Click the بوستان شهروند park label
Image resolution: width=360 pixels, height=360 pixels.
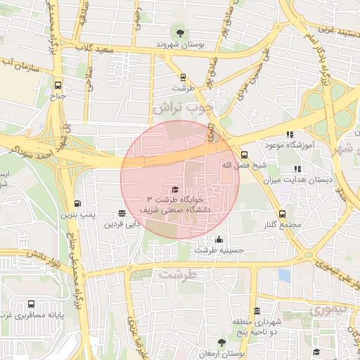181,44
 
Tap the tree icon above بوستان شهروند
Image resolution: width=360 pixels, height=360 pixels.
181,32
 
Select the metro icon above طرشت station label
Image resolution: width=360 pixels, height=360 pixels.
183,78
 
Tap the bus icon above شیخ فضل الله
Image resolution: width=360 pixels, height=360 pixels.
244,155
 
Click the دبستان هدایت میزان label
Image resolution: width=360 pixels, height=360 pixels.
298,180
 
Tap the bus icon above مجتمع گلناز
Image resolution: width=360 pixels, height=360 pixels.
282,214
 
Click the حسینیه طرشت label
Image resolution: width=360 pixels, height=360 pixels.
219,250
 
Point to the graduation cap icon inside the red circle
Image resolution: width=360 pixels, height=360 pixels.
174,189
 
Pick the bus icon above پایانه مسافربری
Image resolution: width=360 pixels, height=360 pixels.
32,304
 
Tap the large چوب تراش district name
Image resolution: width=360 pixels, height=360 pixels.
182,108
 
